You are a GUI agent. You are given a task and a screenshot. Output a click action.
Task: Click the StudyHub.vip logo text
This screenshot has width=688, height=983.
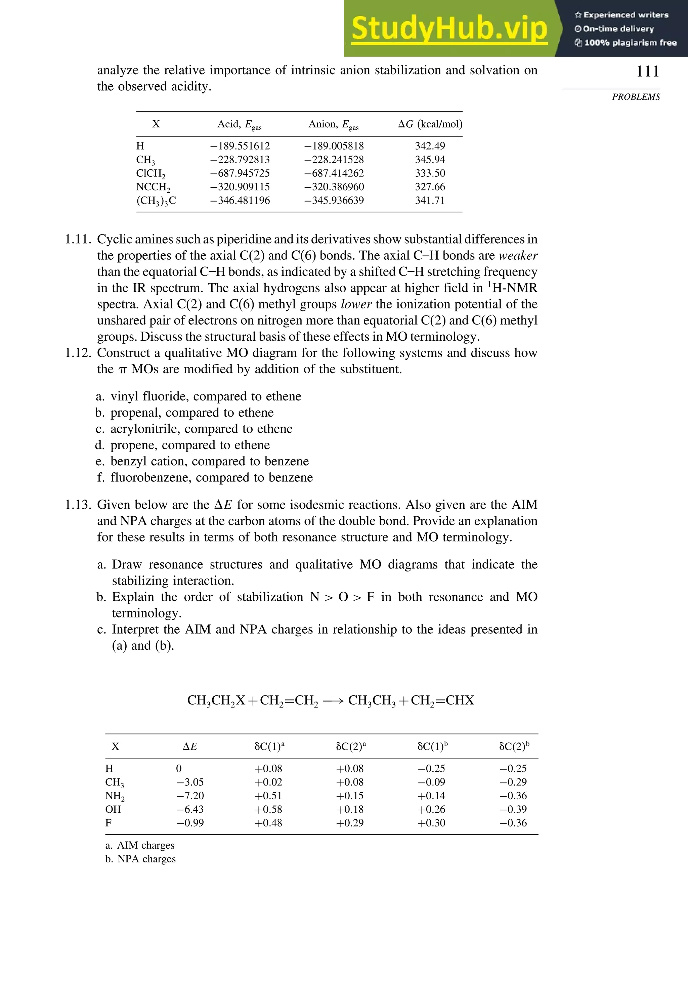[449, 28]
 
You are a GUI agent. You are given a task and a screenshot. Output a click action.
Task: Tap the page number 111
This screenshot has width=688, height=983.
[647, 71]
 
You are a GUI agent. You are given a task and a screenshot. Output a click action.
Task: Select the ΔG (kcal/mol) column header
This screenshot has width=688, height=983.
[430, 124]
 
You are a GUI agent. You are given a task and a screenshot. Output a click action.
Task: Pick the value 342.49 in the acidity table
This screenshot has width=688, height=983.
[430, 146]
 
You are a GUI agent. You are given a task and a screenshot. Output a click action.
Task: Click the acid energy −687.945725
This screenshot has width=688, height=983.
[240, 173]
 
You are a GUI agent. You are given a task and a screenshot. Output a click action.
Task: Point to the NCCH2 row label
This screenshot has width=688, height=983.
[153, 187]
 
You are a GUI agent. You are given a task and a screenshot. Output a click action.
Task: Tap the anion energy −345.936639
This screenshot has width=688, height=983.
[334, 200]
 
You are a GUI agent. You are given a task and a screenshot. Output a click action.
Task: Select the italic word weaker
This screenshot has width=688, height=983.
[518, 256]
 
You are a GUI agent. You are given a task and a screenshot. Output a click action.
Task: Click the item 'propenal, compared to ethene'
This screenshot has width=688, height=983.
[192, 413]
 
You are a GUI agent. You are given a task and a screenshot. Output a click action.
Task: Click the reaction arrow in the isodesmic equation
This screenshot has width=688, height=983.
[333, 701]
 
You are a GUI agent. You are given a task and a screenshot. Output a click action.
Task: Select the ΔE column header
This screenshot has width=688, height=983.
[190, 747]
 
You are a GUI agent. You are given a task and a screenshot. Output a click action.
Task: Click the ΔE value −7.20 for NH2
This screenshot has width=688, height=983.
[190, 796]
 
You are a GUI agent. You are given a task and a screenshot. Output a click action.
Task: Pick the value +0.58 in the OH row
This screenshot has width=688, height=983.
[268, 810]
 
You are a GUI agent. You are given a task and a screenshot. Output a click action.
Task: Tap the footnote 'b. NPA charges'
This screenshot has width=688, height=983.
[140, 859]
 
